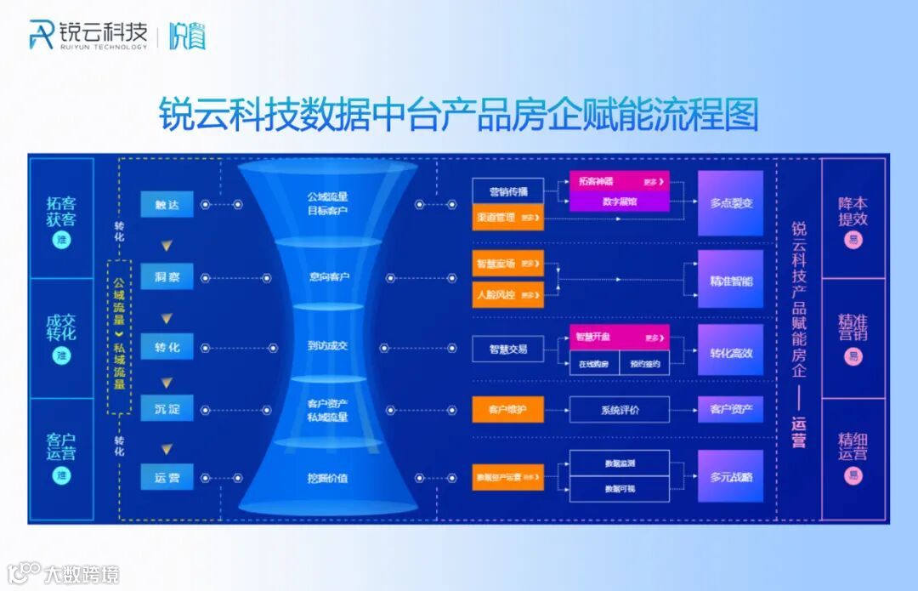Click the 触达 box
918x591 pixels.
[x=167, y=204]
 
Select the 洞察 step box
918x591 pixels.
[x=167, y=276]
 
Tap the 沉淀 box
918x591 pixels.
[x=167, y=409]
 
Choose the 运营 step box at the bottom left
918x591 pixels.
[x=167, y=477]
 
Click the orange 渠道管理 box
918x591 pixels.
[x=507, y=218]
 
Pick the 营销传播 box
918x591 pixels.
[x=507, y=190]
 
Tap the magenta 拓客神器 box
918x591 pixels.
[x=619, y=182]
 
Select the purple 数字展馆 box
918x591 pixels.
[x=619, y=202]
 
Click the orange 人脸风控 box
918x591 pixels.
[x=507, y=295]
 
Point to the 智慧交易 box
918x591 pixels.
[x=507, y=349]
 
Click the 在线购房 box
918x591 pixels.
[x=594, y=364]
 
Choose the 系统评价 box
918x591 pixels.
[x=620, y=410]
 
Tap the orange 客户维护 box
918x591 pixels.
[x=507, y=410]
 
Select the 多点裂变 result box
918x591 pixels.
[x=731, y=204]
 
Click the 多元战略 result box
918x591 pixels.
[x=731, y=477]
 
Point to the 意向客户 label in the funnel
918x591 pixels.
[x=328, y=276]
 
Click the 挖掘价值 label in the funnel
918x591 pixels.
[x=328, y=478]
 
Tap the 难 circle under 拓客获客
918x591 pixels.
[x=61, y=241]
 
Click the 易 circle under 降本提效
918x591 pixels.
[x=853, y=241]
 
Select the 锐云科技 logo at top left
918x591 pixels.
[x=88, y=35]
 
